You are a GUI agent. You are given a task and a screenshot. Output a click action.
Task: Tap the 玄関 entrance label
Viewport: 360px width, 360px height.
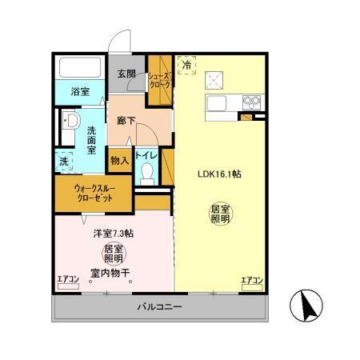click(127, 74)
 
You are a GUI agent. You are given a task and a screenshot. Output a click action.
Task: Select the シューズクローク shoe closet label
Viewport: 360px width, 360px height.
click(159, 80)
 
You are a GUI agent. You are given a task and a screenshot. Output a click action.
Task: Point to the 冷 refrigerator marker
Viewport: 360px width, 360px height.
click(186, 66)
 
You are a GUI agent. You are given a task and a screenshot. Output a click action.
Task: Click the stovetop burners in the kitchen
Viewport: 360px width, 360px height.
click(251, 102)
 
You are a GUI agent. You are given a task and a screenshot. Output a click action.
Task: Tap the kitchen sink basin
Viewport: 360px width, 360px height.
click(218, 102)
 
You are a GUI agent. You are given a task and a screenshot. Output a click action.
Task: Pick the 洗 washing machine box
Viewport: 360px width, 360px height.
click(64, 161)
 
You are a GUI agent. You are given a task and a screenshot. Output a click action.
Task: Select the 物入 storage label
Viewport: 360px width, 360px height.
click(120, 160)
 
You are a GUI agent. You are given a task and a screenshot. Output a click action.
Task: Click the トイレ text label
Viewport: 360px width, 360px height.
click(146, 154)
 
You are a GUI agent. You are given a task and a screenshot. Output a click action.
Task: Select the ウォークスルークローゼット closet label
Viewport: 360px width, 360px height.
click(95, 194)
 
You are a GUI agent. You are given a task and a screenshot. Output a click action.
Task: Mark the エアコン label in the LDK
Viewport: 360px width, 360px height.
click(253, 280)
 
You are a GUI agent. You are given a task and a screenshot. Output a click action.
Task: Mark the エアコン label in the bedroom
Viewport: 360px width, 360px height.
click(69, 280)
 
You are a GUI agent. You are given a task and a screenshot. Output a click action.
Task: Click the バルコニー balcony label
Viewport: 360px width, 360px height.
click(159, 307)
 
